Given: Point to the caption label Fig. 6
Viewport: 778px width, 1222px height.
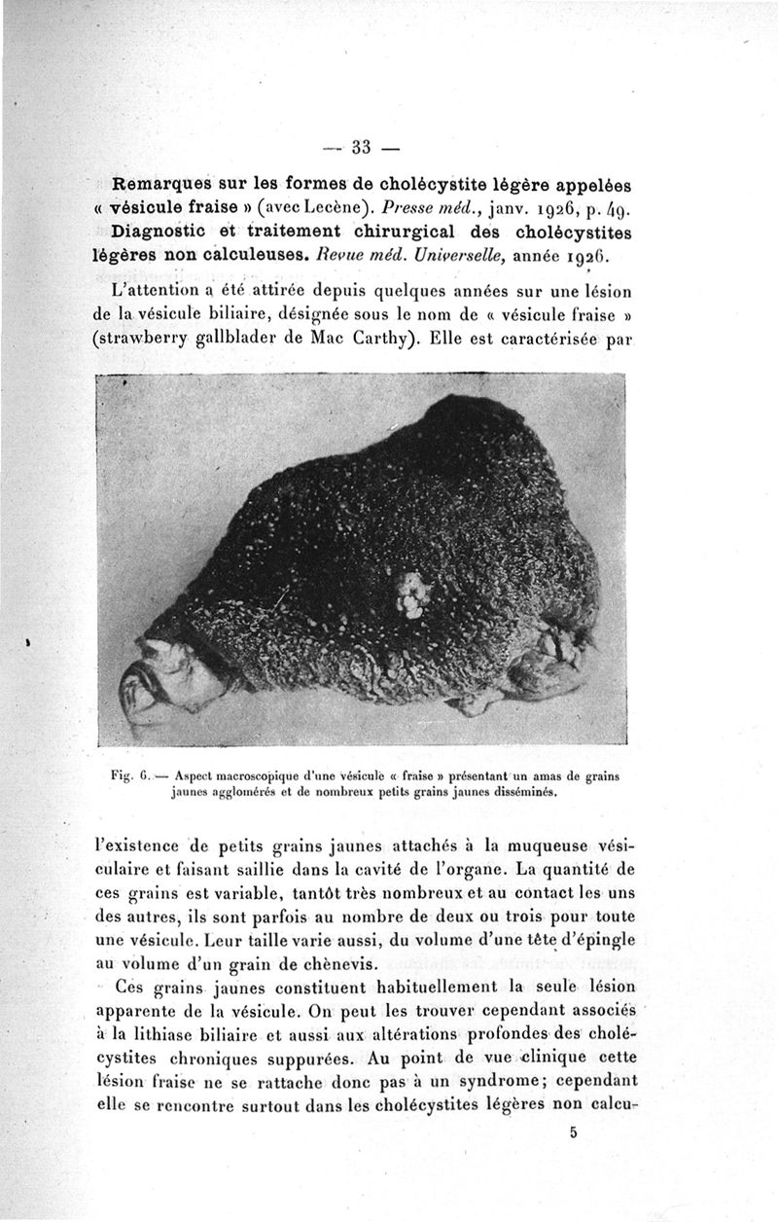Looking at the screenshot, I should (x=131, y=777).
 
